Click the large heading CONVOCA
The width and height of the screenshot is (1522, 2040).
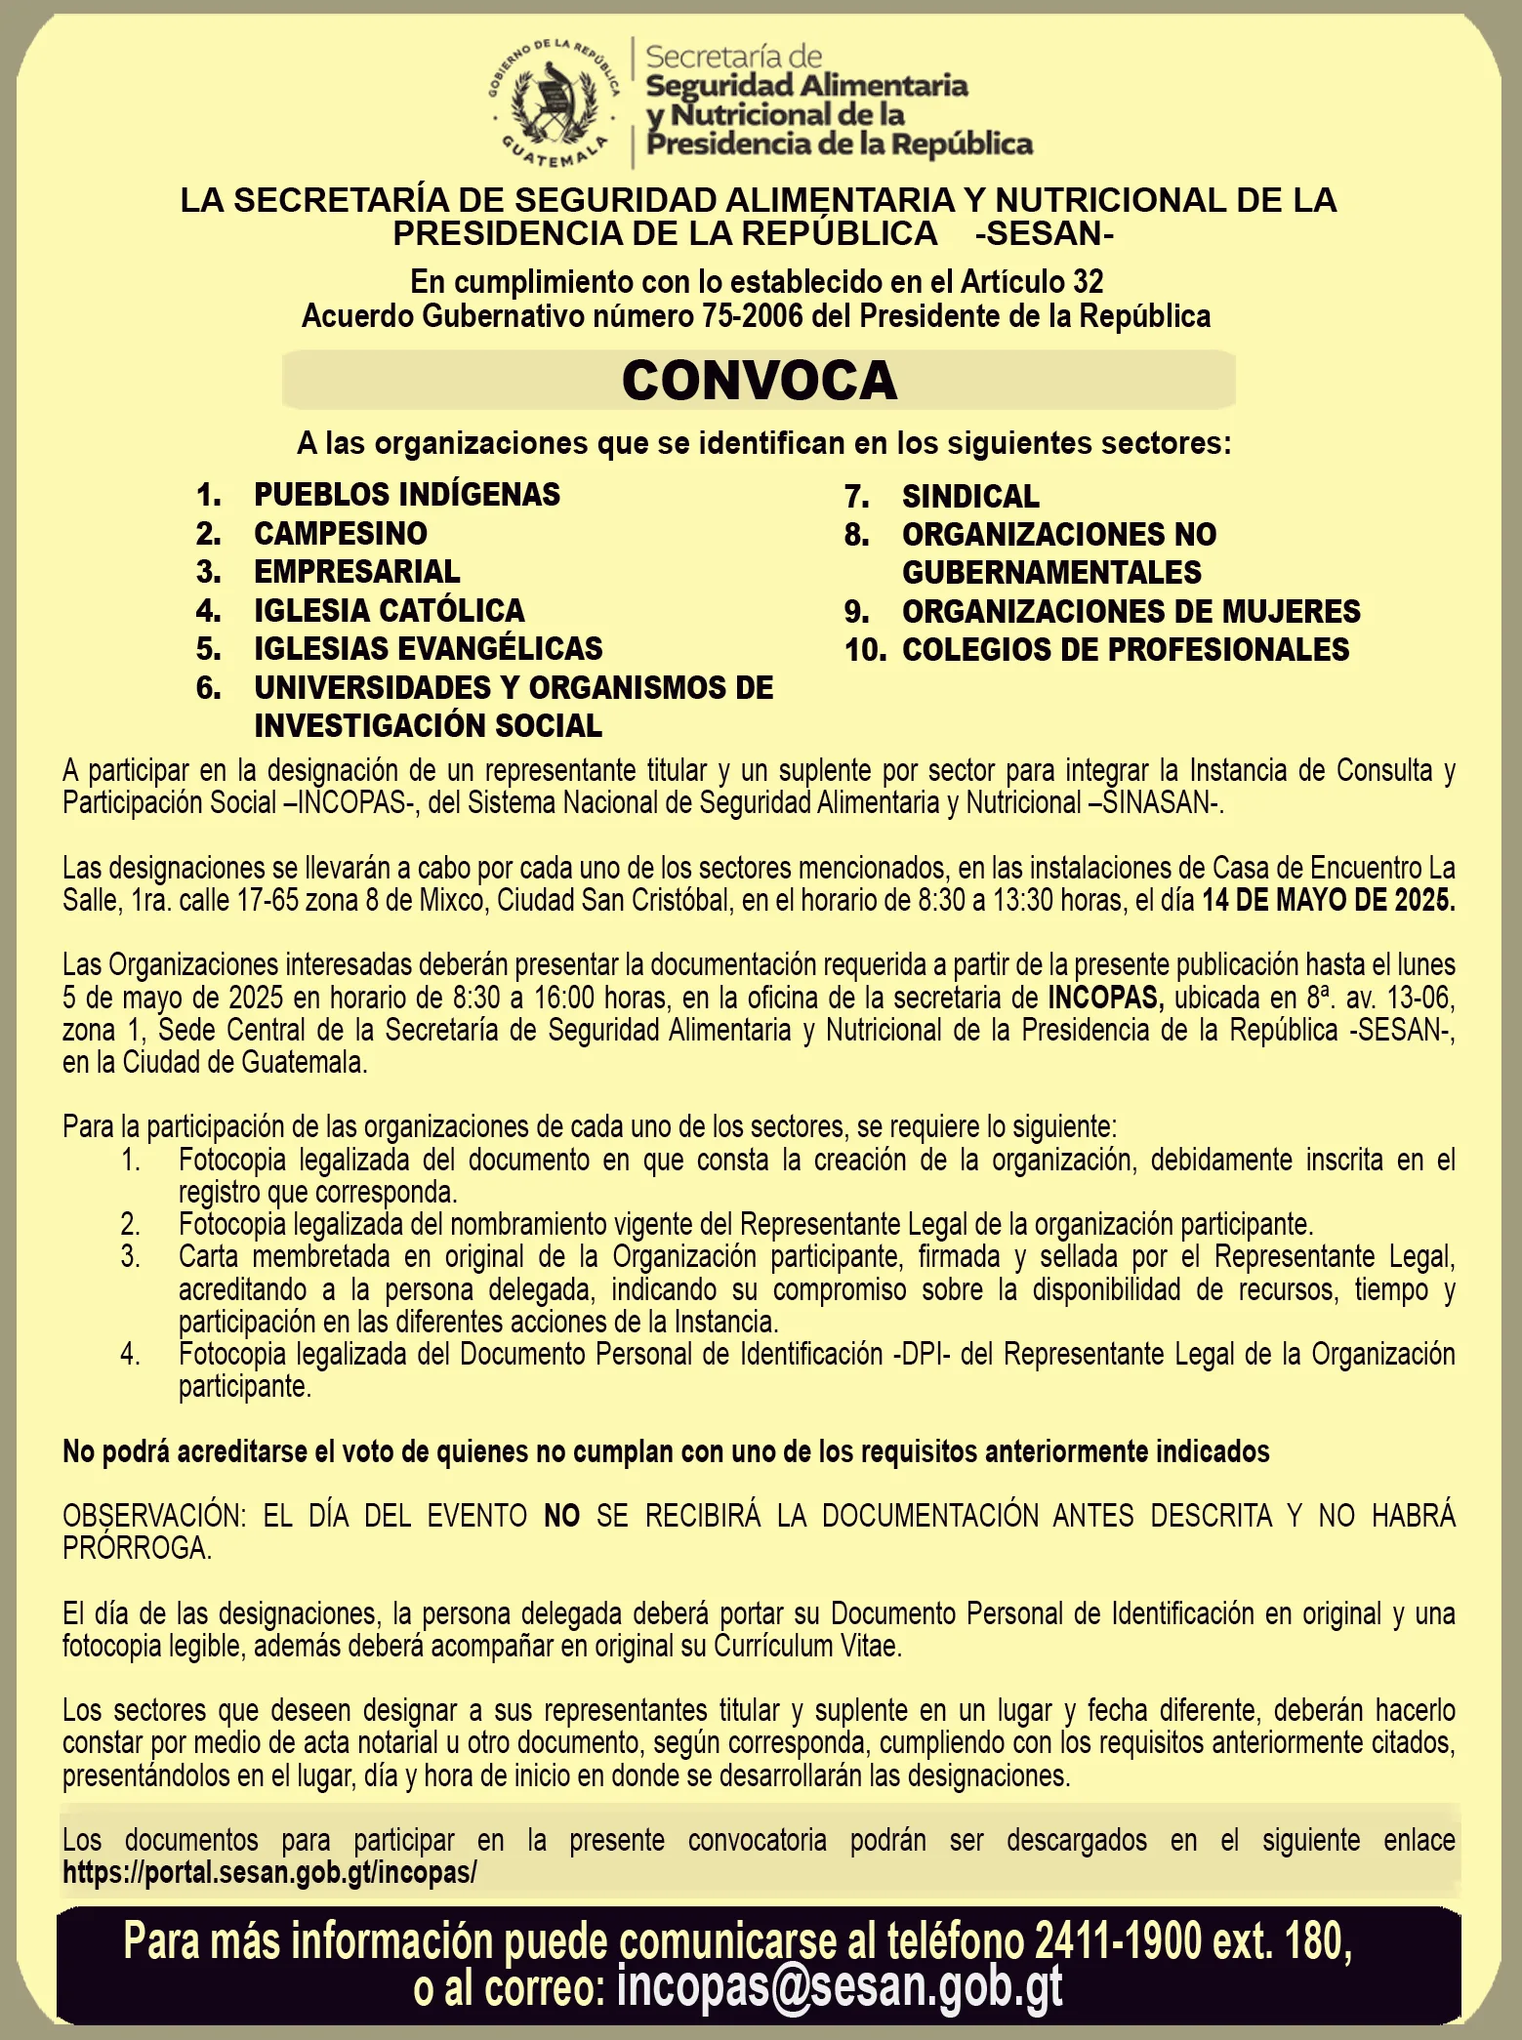[x=759, y=380]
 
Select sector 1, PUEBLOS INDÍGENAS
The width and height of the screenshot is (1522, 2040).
[x=407, y=495]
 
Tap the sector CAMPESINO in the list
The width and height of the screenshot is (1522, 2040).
[x=341, y=533]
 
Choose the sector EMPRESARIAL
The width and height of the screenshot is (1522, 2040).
[x=357, y=571]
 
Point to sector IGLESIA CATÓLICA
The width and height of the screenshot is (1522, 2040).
[x=390, y=610]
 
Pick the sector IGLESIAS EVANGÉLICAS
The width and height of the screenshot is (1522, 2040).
[x=429, y=648]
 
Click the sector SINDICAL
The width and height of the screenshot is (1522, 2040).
[x=970, y=496]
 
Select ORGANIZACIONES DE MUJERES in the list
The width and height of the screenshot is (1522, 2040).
[x=1131, y=611]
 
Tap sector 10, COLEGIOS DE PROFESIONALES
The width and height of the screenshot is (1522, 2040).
[x=1125, y=649]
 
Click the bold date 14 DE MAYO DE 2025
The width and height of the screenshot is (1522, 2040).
[x=1328, y=900]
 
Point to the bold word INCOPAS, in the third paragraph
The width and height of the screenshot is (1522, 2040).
[x=1105, y=998]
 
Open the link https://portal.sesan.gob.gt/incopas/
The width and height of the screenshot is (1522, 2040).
[x=269, y=1872]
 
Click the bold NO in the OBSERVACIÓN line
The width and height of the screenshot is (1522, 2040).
[x=561, y=1516]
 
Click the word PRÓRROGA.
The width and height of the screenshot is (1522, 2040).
[x=137, y=1548]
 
